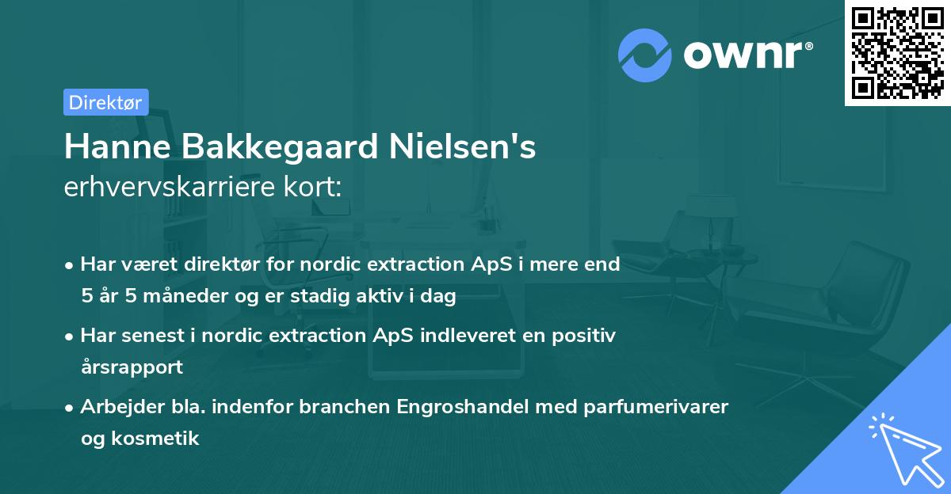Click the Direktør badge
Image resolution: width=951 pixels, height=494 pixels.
105,102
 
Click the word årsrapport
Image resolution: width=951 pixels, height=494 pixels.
132,367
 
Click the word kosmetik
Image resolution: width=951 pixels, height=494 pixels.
163,438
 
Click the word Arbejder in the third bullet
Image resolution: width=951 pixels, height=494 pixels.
114,407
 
